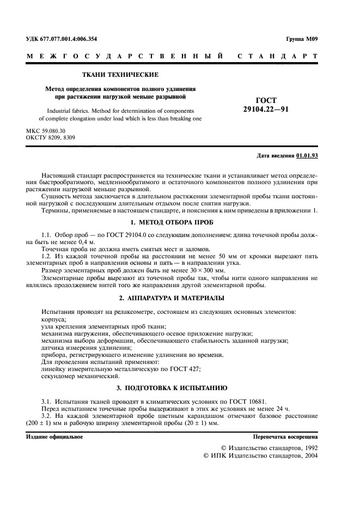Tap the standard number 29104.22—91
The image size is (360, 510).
click(266, 109)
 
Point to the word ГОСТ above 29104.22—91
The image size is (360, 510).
click(266, 100)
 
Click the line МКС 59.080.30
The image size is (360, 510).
click(46, 131)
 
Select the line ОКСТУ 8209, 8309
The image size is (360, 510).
click(50, 138)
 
